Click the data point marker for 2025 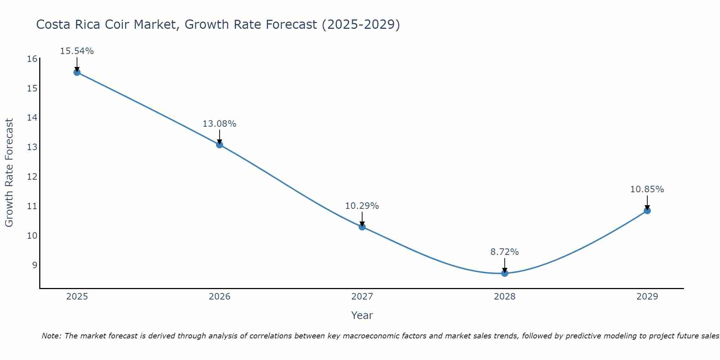point(77,72)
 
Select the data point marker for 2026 point(220,145)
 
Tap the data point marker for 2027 point(362,227)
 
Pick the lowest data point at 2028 point(505,273)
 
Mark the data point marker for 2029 point(647,211)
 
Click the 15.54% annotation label point(77,51)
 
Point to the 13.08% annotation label point(220,124)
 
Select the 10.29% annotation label point(362,206)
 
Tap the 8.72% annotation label point(505,252)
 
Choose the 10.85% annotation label point(647,189)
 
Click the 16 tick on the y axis point(32,59)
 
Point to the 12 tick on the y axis point(32,177)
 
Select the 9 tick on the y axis point(35,265)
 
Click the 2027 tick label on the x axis point(362,297)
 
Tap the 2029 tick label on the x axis point(647,297)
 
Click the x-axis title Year point(362,315)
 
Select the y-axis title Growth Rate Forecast point(9,173)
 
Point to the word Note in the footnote point(52,336)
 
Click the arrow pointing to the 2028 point point(505,265)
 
